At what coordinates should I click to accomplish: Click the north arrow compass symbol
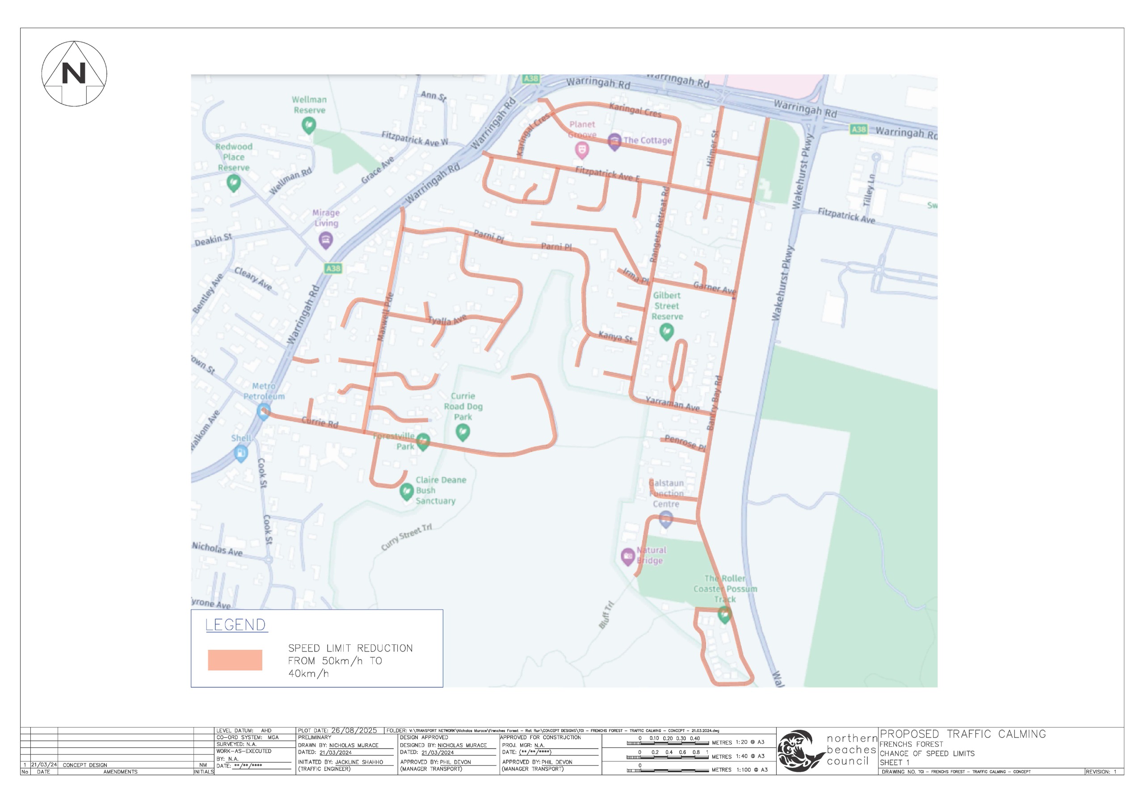[74, 73]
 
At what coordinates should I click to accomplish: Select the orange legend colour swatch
[235, 660]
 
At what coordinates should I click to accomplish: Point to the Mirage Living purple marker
[325, 240]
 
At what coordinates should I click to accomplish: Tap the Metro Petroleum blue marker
[264, 412]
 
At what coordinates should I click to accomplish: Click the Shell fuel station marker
[241, 453]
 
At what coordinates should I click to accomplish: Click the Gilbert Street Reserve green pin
[666, 331]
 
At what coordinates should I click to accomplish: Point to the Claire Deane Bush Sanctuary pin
[407, 492]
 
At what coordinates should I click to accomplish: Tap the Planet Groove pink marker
[581, 149]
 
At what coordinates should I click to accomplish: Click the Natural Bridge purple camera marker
[627, 556]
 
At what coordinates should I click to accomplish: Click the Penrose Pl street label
[685, 442]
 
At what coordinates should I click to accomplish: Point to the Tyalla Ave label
[447, 320]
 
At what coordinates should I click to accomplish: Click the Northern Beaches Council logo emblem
[801, 751]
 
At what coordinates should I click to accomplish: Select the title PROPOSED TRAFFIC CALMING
[963, 734]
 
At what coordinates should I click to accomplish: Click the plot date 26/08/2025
[354, 730]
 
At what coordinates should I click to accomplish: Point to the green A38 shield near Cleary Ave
[333, 269]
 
